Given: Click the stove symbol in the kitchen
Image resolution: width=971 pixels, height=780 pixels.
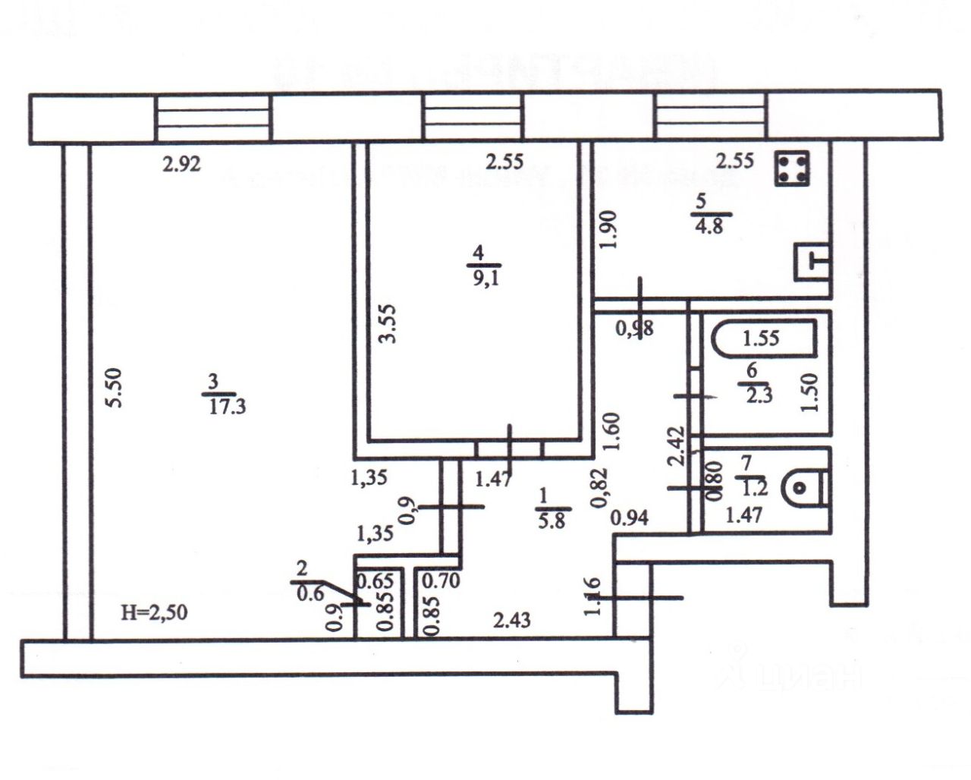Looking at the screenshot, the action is pos(791,169).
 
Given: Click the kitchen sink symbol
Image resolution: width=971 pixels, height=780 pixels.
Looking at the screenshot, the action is pos(812,262).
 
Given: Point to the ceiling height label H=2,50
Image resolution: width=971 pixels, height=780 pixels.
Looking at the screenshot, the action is pos(155,611).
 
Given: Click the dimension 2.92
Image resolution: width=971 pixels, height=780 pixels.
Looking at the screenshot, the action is pos(181,164).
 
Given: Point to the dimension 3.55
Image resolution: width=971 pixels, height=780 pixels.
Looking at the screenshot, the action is pos(388,322).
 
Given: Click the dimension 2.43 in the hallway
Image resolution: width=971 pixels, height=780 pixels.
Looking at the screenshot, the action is pos(511,621).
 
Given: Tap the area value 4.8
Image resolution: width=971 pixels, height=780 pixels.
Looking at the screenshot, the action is pos(708,226).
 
